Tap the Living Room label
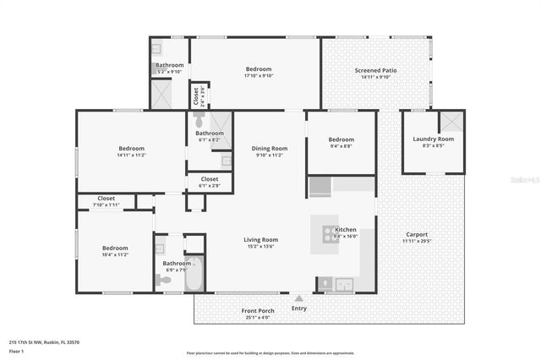click(x=261, y=239)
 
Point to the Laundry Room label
click(x=433, y=139)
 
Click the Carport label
click(x=415, y=234)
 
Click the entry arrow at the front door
click(x=298, y=298)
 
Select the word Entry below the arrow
click(x=299, y=308)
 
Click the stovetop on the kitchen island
click(x=325, y=232)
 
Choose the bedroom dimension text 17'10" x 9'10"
click(x=259, y=75)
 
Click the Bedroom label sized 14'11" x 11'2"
click(x=131, y=149)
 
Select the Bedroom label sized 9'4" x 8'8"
click(x=341, y=139)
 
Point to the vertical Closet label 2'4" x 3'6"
click(x=197, y=94)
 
